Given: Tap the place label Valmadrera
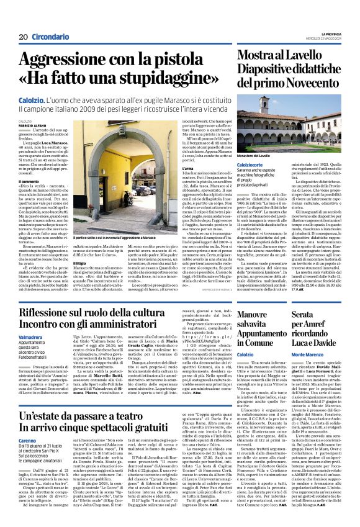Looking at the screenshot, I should (x=30, y=336).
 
